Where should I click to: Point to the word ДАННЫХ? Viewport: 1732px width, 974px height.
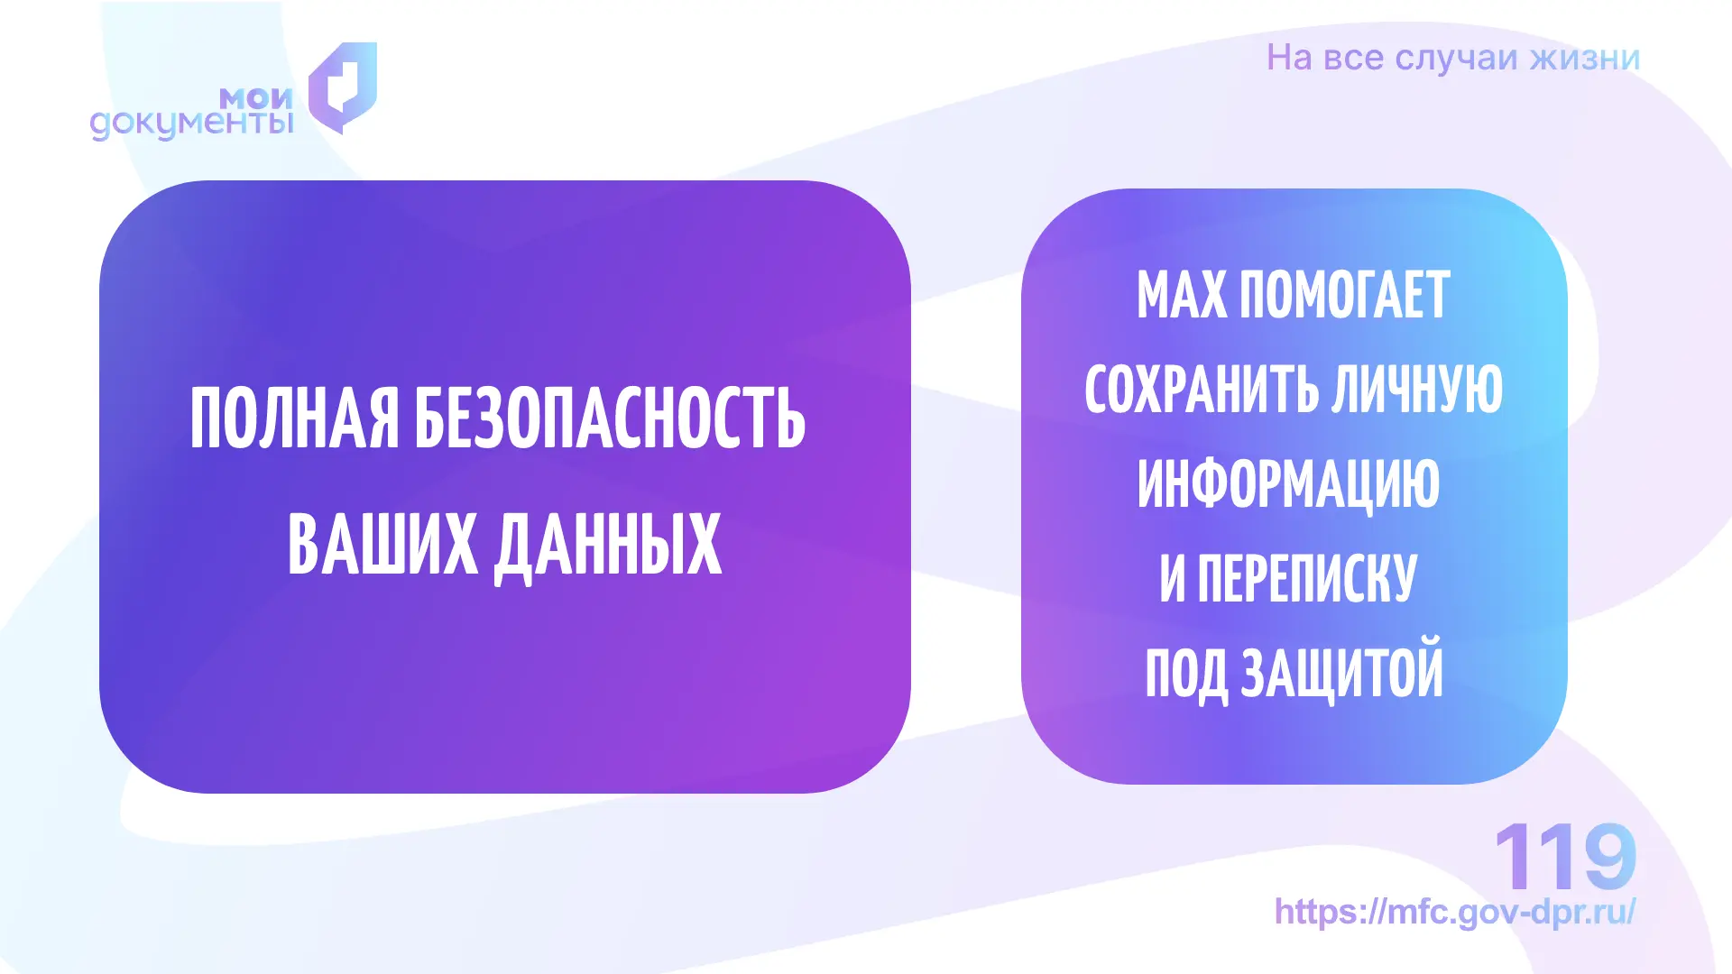pos(608,547)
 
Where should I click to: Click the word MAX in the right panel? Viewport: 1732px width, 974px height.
pos(1182,294)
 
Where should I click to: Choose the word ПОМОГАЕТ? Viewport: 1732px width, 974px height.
pos(1345,294)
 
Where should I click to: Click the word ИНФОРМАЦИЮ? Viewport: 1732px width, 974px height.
pos(1288,484)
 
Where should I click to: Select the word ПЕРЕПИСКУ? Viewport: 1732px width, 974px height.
pos(1307,578)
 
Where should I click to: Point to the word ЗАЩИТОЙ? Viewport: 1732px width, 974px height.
pos(1342,671)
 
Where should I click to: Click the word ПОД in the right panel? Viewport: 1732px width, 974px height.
pos(1186,674)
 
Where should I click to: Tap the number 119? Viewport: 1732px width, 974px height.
pos(1565,856)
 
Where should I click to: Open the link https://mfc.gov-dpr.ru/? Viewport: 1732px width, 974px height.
pos(1455,912)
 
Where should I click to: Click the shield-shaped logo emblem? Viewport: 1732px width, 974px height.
pos(343,87)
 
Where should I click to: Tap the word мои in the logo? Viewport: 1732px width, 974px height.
pos(257,97)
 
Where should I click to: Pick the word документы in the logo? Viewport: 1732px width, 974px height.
pos(192,124)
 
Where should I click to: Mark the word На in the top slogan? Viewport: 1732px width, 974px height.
pos(1289,58)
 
